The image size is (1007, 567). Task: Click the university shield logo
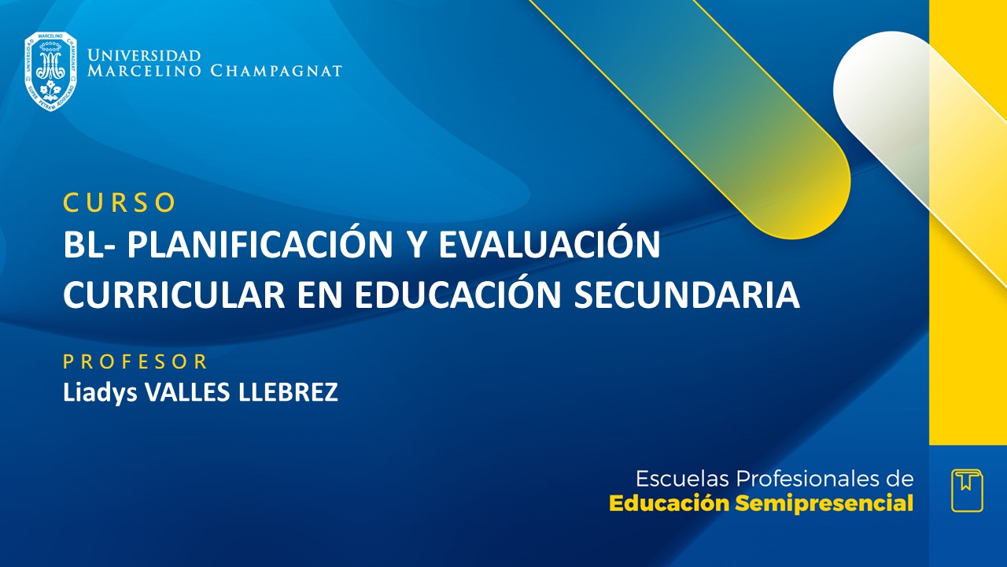coord(50,72)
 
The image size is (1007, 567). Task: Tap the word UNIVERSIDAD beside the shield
coord(144,55)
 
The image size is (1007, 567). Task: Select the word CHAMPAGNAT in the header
coord(276,71)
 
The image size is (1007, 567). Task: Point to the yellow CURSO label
coord(120,202)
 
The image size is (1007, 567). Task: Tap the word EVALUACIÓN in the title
coord(548,246)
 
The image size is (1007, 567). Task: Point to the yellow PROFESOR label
coord(135,362)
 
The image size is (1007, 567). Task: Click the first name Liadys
coord(100,392)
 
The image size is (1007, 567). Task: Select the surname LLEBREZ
coord(288,392)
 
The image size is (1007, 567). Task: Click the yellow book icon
coord(967,490)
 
